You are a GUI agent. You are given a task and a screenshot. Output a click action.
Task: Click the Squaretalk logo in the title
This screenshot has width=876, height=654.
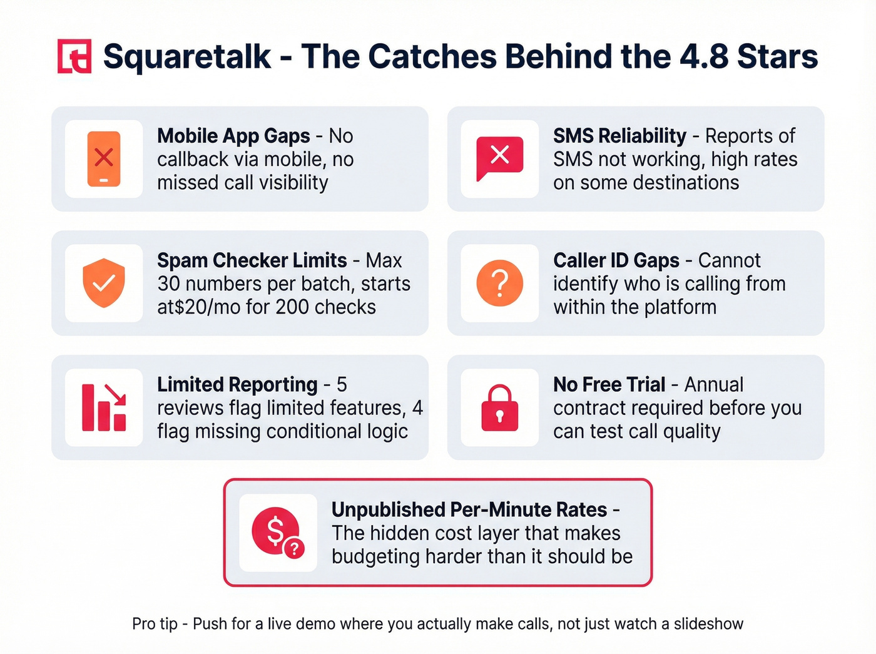pos(74,56)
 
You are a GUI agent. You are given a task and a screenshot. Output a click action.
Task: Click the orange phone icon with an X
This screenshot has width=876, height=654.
pos(104,158)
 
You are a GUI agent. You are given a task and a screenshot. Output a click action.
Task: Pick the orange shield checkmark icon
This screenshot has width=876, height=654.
pos(104,283)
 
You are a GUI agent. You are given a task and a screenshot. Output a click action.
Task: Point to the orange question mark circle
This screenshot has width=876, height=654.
pos(499,283)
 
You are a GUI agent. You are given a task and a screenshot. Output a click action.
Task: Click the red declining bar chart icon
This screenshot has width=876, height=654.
pos(104,407)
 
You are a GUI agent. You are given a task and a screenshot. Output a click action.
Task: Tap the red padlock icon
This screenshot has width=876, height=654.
pos(499,408)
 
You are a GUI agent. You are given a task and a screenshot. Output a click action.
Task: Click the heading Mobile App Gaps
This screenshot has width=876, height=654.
pos(233,136)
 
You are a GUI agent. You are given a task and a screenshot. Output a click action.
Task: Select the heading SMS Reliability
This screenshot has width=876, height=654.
pos(619,136)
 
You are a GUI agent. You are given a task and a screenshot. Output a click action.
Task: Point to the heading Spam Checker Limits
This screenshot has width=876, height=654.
pos(252,260)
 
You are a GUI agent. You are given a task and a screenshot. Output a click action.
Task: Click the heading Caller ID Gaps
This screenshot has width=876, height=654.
pos(616,260)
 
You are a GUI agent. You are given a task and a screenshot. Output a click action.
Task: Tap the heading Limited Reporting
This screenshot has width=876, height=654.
pos(237,384)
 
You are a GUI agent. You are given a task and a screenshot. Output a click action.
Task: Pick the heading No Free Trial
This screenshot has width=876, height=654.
pos(609,384)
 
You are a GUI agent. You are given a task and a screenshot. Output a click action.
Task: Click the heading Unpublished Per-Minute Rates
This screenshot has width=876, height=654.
pos(469,509)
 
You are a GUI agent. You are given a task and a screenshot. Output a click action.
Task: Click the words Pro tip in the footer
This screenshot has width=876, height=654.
pos(155,624)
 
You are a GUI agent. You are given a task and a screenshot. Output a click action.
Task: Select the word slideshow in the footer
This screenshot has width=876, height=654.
pos(708,624)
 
